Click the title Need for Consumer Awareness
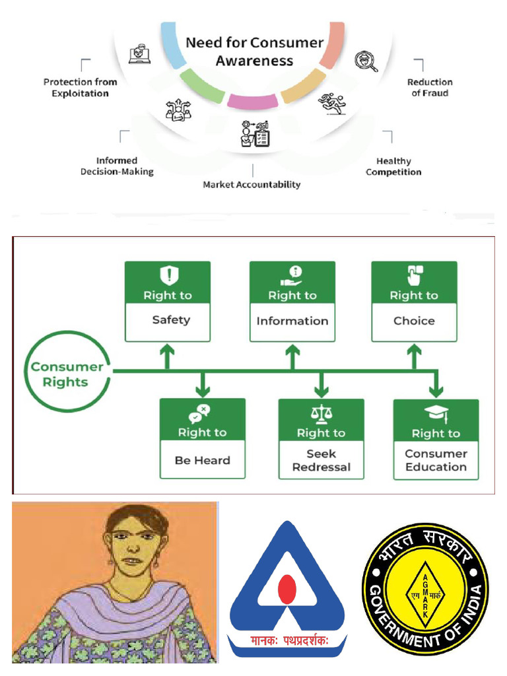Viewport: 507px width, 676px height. pyautogui.click(x=254, y=52)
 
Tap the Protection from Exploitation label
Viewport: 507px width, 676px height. pyautogui.click(x=80, y=88)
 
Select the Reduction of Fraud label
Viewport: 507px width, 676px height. pyautogui.click(x=430, y=88)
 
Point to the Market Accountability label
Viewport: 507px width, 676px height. pyautogui.click(x=252, y=185)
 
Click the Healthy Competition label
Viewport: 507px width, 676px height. pyautogui.click(x=393, y=166)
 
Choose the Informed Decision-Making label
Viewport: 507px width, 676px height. pyautogui.click(x=117, y=166)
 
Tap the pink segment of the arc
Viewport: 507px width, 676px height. pyautogui.click(x=252, y=101)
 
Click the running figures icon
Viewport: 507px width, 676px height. pyautogui.click(x=331, y=103)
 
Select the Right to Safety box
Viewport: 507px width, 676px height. pyautogui.click(x=168, y=302)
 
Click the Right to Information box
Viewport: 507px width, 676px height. pyautogui.click(x=292, y=302)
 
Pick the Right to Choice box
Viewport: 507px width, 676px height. pyautogui.click(x=414, y=302)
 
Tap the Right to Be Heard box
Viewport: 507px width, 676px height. pyautogui.click(x=202, y=439)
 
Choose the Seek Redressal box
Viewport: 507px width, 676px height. pyautogui.click(x=321, y=439)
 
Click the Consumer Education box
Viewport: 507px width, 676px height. pyautogui.click(x=436, y=440)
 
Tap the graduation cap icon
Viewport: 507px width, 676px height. pyautogui.click(x=436, y=414)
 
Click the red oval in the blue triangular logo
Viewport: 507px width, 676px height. pyautogui.click(x=287, y=590)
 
